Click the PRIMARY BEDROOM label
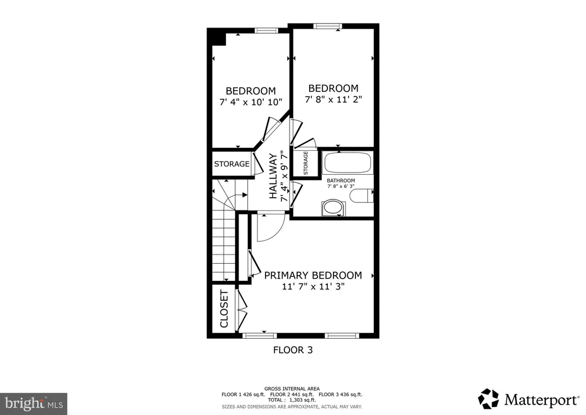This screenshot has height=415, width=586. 313,275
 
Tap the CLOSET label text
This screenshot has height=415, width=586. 224,309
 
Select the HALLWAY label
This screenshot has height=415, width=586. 274,176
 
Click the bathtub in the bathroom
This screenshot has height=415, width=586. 348,162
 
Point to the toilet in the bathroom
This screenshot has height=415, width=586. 362,195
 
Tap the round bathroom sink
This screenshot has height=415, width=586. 334,207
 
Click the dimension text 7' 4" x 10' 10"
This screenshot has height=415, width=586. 251,102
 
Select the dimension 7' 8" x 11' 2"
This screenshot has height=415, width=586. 334,100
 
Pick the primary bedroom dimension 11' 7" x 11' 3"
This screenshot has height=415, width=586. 313,287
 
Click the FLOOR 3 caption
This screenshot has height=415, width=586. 293,350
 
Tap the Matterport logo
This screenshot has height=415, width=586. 528,400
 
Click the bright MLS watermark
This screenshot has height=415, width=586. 34,404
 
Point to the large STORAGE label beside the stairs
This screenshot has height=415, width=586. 232,164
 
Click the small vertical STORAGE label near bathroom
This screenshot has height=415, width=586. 306,163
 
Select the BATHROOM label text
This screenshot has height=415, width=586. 341,181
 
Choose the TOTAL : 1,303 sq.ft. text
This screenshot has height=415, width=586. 291,400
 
